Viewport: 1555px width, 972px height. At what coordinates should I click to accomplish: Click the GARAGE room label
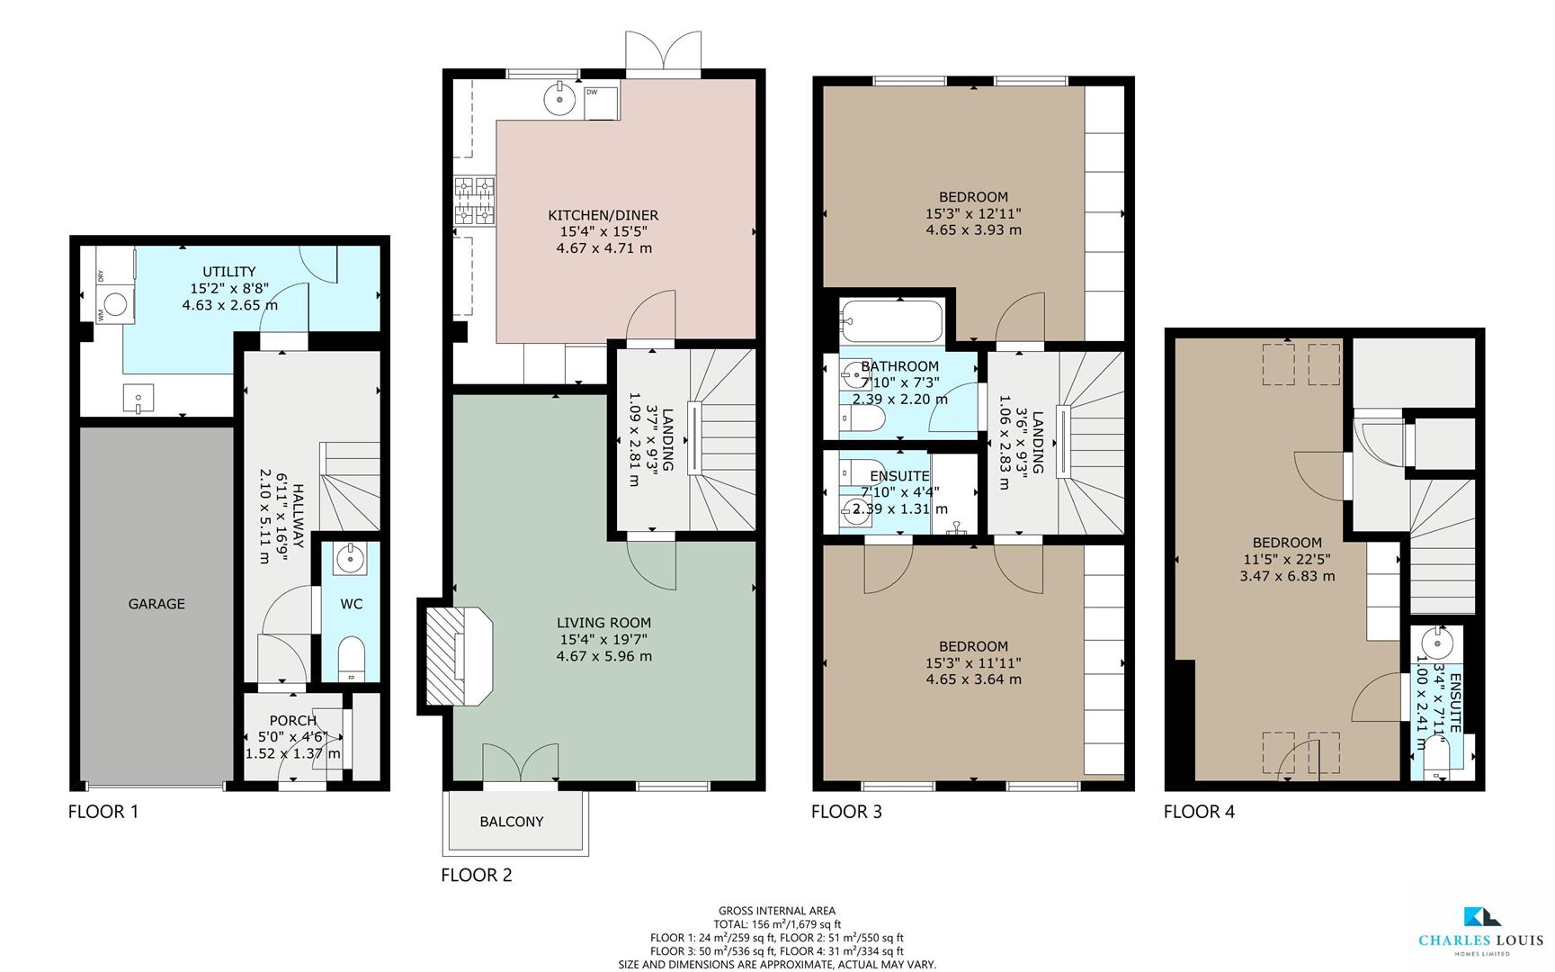[156, 604]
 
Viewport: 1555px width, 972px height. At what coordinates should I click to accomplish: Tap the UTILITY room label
[228, 272]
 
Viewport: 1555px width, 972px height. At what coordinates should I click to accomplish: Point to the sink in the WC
[349, 559]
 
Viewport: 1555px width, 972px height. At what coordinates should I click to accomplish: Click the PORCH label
[292, 721]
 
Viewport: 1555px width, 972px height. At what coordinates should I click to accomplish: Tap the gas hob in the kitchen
[474, 201]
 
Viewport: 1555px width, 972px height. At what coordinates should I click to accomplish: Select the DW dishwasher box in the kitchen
[601, 103]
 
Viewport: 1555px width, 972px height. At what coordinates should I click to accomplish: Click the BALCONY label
[511, 822]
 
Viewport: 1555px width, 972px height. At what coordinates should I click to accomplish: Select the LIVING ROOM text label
[603, 623]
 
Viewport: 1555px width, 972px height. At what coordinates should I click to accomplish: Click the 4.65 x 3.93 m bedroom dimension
[973, 229]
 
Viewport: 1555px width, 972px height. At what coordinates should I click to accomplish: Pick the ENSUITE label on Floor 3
[899, 476]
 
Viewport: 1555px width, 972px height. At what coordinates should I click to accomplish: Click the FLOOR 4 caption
[1199, 812]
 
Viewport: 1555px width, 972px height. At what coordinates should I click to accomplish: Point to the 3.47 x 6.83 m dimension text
[1287, 575]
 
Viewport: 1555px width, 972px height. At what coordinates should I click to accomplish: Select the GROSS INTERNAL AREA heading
[777, 911]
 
